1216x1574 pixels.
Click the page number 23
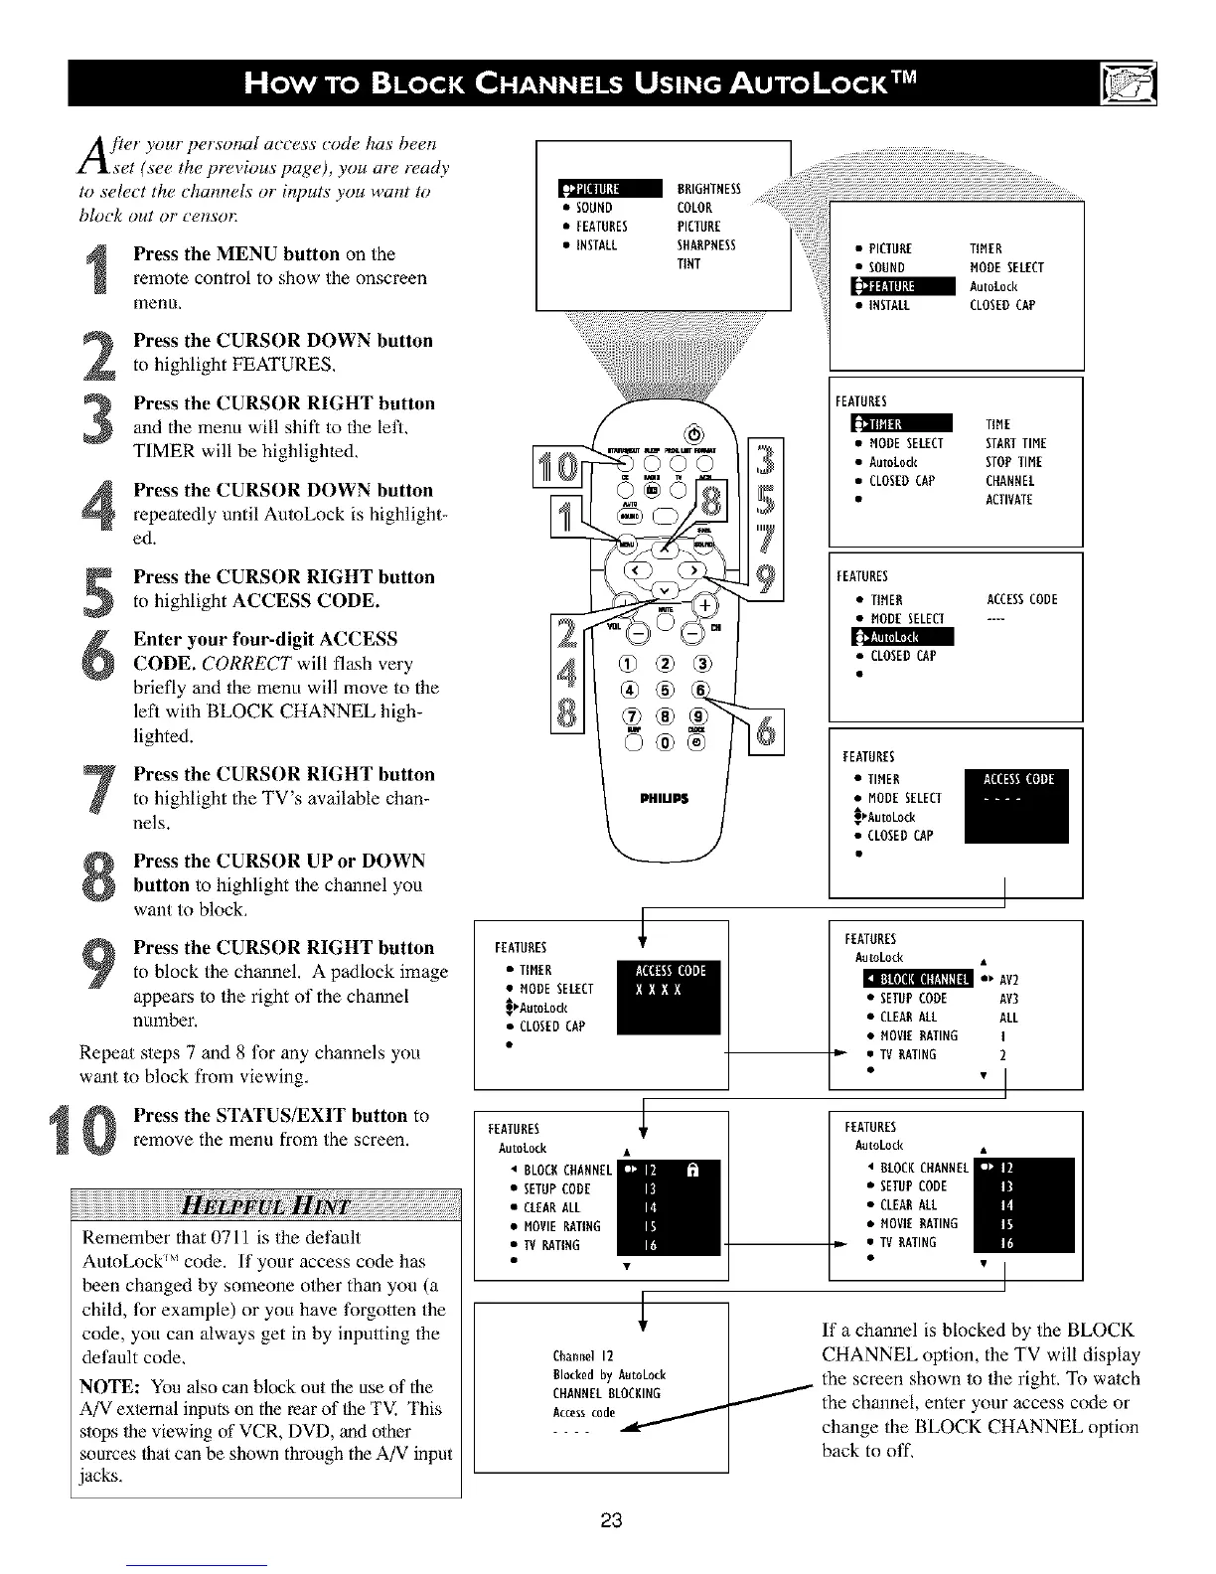611,1521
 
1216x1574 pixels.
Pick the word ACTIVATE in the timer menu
1008,500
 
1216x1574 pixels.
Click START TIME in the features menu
1015,443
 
